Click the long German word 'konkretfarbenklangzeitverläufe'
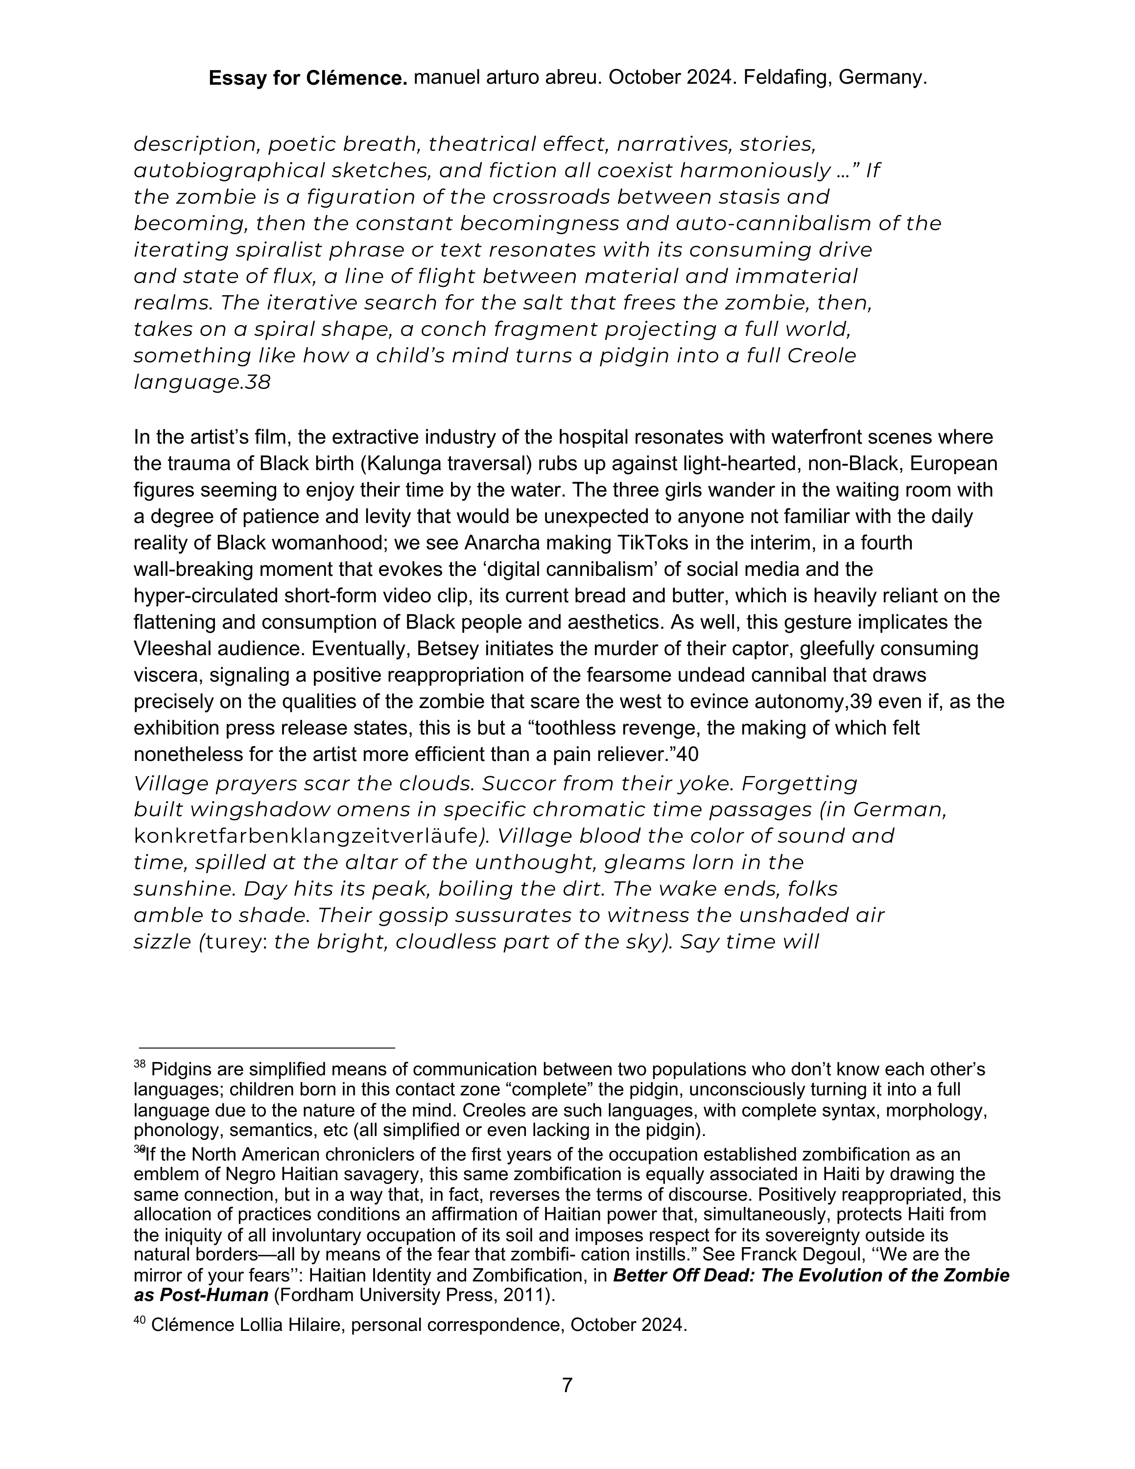pyautogui.click(x=306, y=836)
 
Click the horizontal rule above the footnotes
pyautogui.click(x=267, y=1047)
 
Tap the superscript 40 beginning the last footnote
pyautogui.click(x=139, y=1320)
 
